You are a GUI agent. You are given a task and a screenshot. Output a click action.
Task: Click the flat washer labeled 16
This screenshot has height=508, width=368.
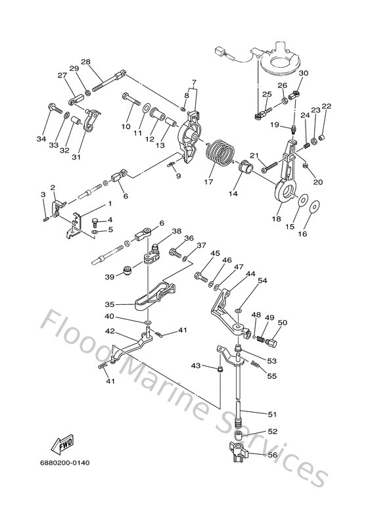315,208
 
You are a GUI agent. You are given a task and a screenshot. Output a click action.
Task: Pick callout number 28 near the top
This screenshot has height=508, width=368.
85,62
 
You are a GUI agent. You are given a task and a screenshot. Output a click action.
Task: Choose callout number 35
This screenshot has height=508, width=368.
110,304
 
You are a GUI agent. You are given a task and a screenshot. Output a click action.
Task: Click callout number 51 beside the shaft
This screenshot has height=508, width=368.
271,413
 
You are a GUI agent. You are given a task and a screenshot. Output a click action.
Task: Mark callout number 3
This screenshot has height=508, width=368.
43,195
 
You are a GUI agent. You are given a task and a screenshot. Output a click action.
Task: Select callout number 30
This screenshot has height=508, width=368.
303,74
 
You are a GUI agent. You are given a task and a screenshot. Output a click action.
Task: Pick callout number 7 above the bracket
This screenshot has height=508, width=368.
193,82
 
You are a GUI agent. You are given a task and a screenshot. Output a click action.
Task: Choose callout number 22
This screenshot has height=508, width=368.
327,106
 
